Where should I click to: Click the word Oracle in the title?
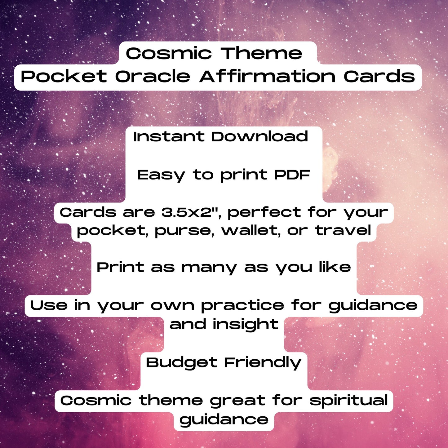[x=153, y=76]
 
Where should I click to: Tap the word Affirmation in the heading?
[x=267, y=76]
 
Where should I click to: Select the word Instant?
[x=169, y=136]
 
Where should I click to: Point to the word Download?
[x=259, y=136]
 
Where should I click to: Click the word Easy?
[x=161, y=175]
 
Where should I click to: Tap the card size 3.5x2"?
[x=191, y=212]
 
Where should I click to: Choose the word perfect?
[x=264, y=213]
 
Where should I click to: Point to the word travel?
[x=343, y=230]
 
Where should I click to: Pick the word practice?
[x=242, y=306]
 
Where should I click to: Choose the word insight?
[x=245, y=325]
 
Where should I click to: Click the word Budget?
[x=181, y=363]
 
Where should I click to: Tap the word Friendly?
[x=262, y=363]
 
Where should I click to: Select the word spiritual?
[x=348, y=401]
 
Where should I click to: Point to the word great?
[x=237, y=401]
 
